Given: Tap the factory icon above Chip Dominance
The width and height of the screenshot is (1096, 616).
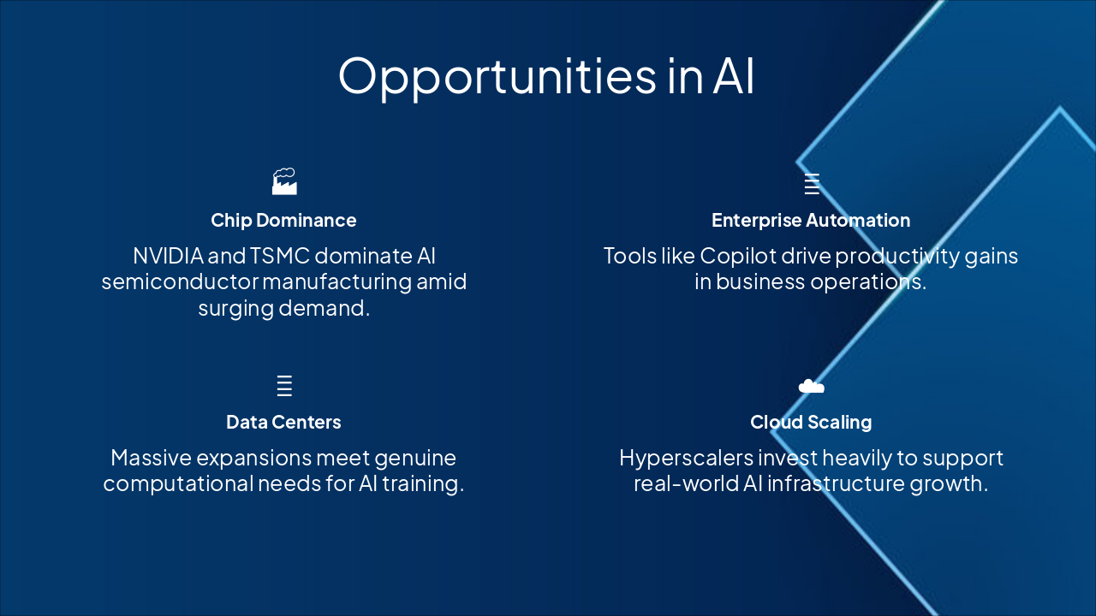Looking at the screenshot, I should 284,181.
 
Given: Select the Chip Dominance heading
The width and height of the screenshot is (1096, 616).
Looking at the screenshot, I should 283,220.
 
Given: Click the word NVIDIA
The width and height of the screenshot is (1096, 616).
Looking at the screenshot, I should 168,256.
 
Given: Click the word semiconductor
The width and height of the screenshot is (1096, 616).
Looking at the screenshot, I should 179,281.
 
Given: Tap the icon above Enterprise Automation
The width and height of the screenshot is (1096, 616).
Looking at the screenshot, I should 811,184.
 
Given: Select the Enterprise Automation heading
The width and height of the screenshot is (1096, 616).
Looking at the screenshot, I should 811,220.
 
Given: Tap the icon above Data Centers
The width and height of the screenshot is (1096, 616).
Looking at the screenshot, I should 284,386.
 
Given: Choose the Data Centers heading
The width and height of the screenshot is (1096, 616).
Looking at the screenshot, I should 283,422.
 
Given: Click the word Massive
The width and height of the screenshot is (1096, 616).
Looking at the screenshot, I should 154,458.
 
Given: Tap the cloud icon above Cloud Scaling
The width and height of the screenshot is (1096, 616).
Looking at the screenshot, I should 811,387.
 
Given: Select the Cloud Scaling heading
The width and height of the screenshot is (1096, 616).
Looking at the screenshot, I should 811,422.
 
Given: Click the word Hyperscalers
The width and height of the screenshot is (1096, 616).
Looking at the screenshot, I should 674,458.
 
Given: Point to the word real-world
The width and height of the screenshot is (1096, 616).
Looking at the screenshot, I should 676,483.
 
